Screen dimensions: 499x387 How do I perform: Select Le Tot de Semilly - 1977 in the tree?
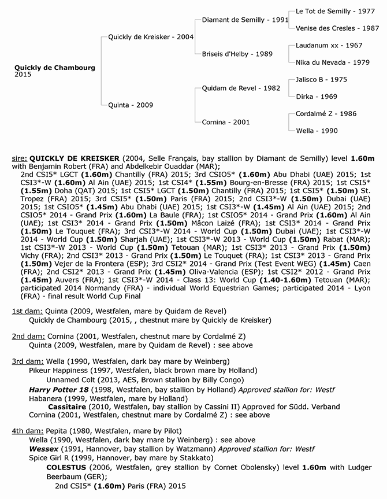330,11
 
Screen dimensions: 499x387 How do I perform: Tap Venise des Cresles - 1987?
337,28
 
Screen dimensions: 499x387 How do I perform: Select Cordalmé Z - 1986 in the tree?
325,114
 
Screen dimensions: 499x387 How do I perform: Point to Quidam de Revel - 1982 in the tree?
241,88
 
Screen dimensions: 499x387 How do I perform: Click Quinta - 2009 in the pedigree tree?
130,105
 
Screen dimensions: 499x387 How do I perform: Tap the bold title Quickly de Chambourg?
55,67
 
